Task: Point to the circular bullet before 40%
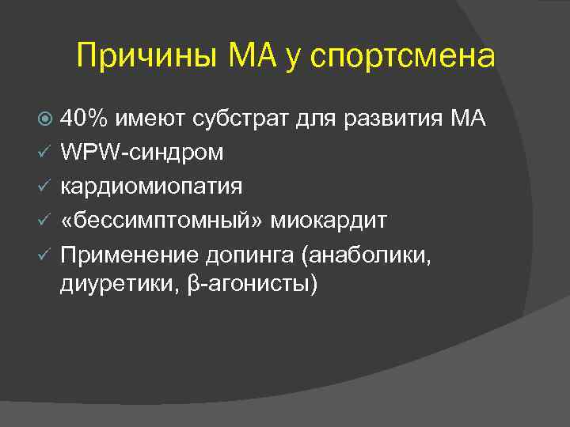[x=46, y=120]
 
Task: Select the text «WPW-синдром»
[x=142, y=152]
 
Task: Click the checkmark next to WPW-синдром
[x=46, y=152]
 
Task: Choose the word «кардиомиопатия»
[x=152, y=186]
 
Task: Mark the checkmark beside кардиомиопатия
[x=46, y=186]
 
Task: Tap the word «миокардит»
[x=329, y=219]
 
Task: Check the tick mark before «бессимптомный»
[x=46, y=219]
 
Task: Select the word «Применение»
[x=124, y=252]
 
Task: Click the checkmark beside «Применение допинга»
[x=46, y=252]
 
